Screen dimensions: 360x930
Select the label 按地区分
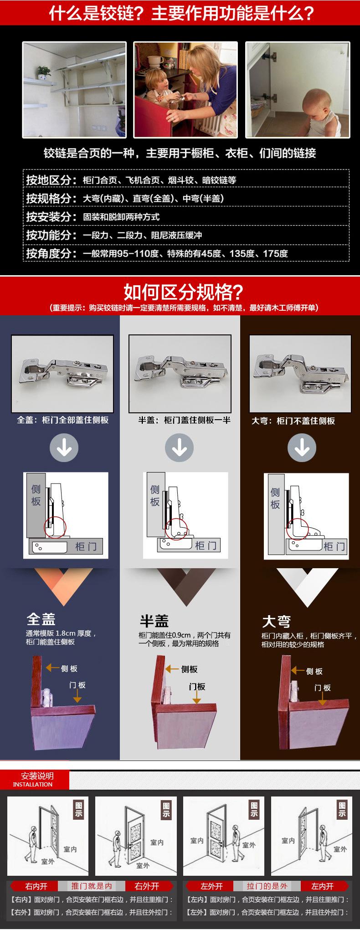51,180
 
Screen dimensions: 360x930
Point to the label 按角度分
51,253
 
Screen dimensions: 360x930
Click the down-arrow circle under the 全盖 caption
64,448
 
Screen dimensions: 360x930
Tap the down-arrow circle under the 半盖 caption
180,448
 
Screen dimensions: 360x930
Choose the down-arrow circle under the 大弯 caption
302,448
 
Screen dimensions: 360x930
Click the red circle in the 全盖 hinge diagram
55,528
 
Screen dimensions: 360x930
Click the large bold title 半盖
154,621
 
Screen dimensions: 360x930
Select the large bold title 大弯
276,621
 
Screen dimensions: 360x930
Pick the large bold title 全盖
41,619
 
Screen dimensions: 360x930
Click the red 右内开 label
36,886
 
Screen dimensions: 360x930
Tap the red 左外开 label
211,886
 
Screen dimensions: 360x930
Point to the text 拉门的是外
267,886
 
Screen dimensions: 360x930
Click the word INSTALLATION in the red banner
33,785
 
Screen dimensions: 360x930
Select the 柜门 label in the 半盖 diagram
206,545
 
